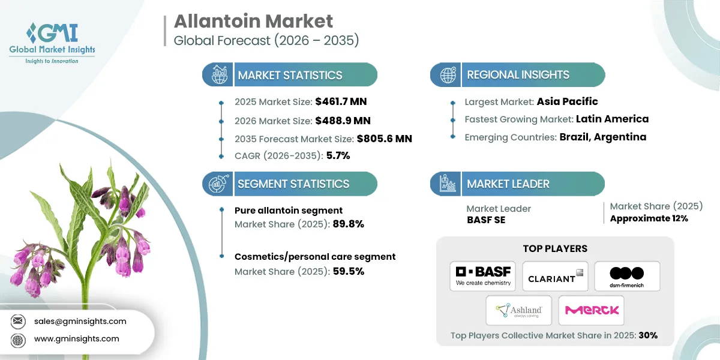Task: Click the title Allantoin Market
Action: [253, 22]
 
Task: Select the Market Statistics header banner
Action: [290, 75]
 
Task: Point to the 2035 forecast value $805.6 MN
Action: [384, 139]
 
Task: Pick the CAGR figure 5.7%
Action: [338, 156]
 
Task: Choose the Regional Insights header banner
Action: [518, 75]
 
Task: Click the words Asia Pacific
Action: [567, 101]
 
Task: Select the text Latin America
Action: [612, 119]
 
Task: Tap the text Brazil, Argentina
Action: [603, 137]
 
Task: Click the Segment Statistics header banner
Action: [290, 184]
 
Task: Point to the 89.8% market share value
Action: [349, 224]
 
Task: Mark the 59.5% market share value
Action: [349, 271]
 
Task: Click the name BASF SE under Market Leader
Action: [485, 220]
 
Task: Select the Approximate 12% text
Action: [649, 218]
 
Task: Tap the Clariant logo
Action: [555, 277]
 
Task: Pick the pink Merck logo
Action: [591, 310]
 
